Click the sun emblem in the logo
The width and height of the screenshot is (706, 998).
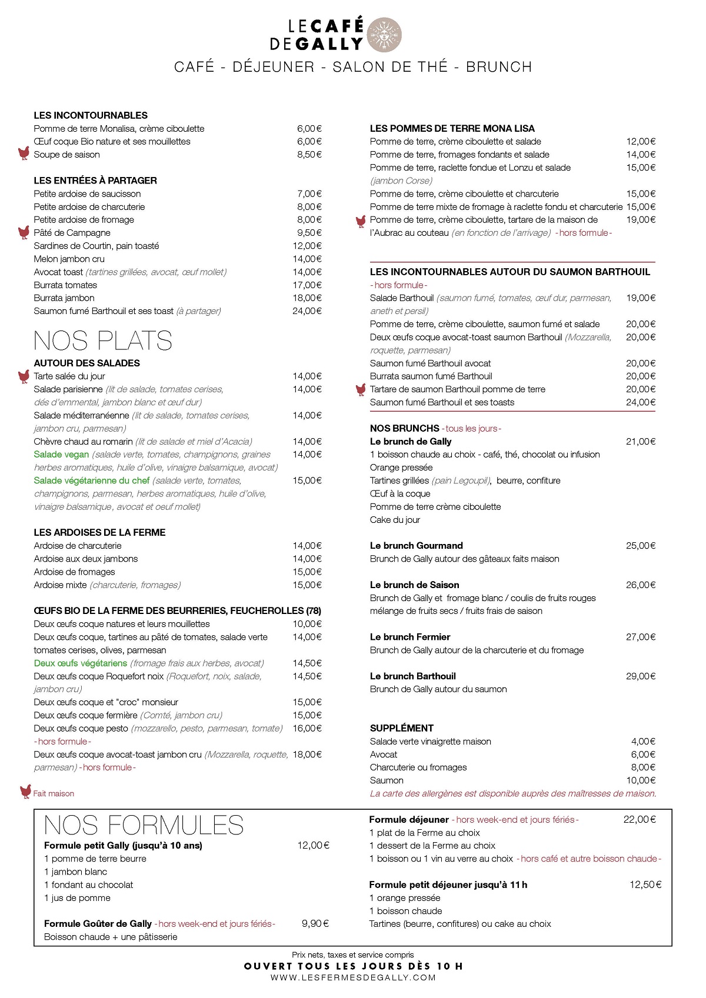[384, 35]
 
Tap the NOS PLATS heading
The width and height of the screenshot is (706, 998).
[103, 341]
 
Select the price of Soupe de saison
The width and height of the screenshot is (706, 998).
[309, 155]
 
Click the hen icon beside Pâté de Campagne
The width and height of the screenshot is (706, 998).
[24, 233]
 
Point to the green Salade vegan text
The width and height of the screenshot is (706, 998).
[61, 455]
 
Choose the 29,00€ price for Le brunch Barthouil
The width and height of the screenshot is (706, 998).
[641, 676]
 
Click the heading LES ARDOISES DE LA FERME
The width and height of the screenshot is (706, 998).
[99, 533]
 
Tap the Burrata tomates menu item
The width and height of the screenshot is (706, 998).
[65, 285]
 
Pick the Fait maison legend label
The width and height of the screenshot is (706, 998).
[54, 794]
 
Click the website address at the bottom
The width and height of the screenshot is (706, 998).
[353, 978]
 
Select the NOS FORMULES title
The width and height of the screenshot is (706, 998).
[144, 826]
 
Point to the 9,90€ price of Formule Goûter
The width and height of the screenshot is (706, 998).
[315, 924]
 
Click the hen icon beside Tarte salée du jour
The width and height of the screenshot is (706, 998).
[24, 376]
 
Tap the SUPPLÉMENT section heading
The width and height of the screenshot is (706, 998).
[402, 728]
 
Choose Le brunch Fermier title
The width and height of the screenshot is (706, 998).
[410, 637]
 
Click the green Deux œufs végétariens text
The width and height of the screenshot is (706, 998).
[81, 663]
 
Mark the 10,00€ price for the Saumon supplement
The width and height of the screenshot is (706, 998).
[641, 780]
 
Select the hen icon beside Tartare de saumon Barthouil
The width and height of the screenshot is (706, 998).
[361, 389]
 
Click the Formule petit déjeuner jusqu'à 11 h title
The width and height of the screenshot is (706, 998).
[448, 885]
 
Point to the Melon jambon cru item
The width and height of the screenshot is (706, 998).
[69, 259]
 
